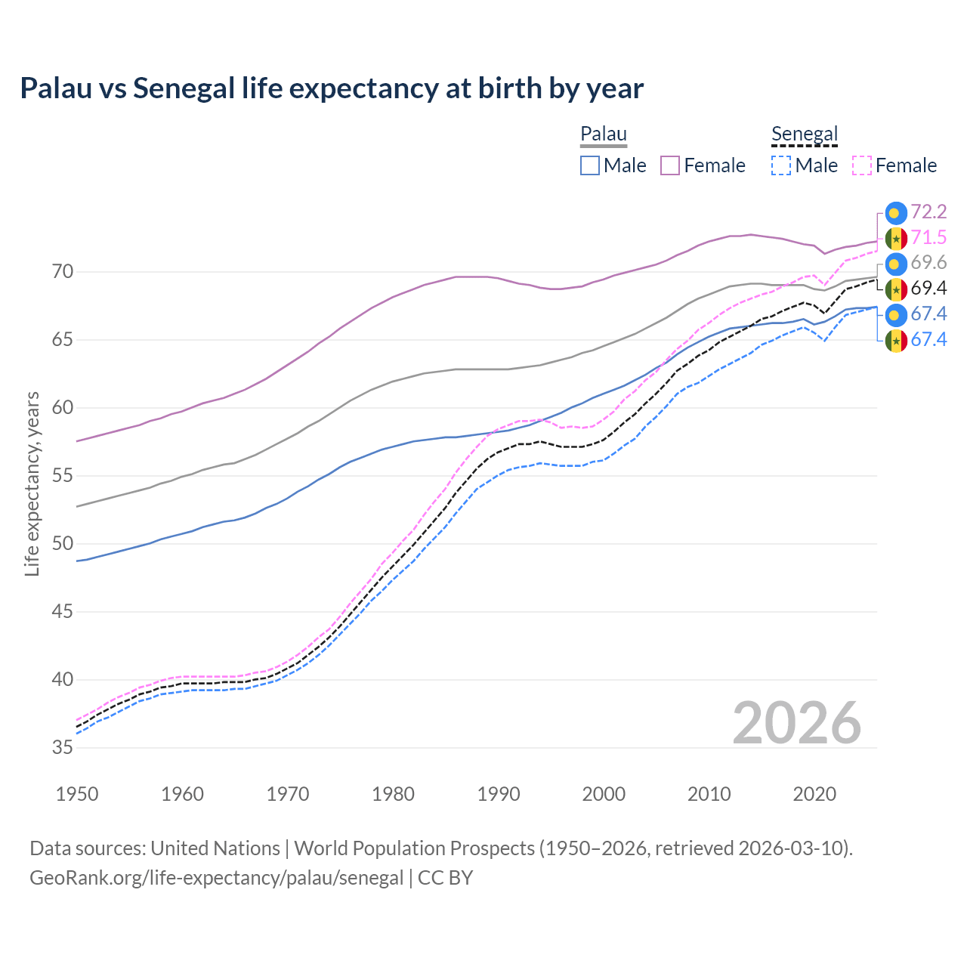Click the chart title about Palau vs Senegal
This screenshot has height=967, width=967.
click(x=332, y=88)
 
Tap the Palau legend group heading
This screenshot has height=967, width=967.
click(x=604, y=134)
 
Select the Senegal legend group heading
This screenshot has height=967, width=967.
click(x=805, y=134)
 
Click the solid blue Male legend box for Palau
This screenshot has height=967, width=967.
click(x=590, y=165)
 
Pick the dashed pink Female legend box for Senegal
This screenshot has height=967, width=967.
click(x=862, y=165)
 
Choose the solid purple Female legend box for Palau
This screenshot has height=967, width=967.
click(x=670, y=165)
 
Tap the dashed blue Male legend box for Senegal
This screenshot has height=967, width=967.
click(x=781, y=165)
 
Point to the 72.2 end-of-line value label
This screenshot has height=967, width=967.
click(x=928, y=212)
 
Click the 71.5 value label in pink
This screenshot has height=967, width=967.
click(x=928, y=237)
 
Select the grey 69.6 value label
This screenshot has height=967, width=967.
click(x=928, y=263)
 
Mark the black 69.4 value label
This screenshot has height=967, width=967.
click(x=928, y=289)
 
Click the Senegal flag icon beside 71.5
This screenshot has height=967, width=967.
click(x=896, y=238)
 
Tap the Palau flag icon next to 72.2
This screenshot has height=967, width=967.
click(x=896, y=212)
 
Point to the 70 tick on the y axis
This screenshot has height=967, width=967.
click(x=63, y=271)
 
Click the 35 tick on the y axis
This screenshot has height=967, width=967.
click(x=63, y=747)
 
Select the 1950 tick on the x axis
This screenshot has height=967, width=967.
click(x=77, y=794)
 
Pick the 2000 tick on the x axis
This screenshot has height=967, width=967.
click(x=604, y=794)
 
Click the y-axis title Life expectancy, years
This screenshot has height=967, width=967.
click(x=32, y=483)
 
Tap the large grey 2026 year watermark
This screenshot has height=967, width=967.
click(x=796, y=723)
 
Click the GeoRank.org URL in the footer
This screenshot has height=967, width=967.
click(x=216, y=878)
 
